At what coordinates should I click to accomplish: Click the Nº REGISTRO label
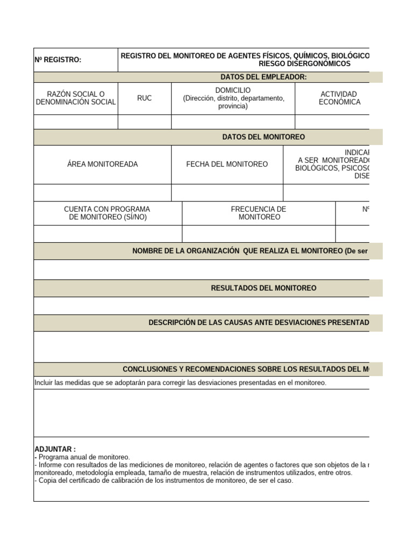point(58,60)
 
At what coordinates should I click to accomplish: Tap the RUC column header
point(144,98)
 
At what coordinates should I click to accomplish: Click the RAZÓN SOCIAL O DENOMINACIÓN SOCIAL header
point(75,98)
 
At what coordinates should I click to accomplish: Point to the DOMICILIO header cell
point(233,98)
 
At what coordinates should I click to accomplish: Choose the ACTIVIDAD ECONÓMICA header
point(339,98)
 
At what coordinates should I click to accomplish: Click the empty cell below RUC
point(144,122)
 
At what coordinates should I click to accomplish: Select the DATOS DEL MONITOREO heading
point(264,137)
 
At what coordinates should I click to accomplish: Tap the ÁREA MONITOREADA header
point(102,164)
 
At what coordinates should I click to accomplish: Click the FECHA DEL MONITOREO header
point(227,164)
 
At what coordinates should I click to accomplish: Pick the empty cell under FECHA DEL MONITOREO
point(227,192)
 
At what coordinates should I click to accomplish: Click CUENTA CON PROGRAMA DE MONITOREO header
point(107,213)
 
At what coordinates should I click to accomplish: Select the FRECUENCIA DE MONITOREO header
point(259,213)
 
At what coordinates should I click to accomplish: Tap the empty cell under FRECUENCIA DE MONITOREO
point(259,234)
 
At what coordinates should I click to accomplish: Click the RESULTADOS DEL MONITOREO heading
point(264,288)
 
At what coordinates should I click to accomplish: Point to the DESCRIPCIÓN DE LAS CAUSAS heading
point(259,322)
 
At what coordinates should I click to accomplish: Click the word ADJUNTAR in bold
point(55,449)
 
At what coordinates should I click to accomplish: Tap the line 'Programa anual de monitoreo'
point(83,457)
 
